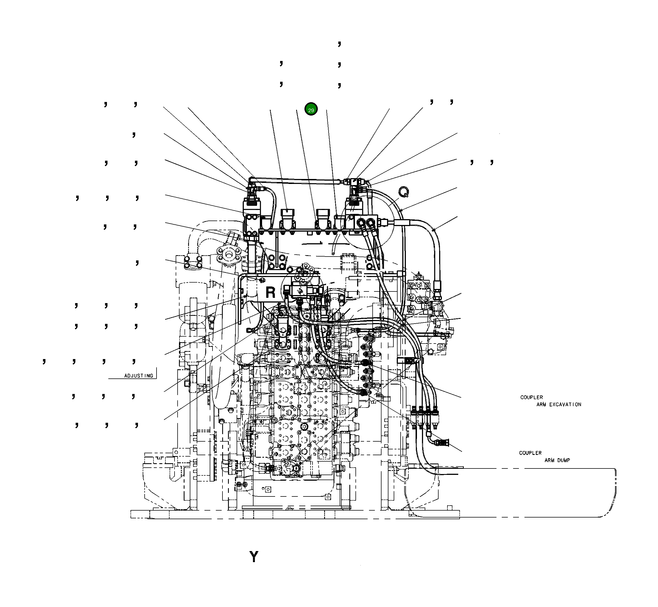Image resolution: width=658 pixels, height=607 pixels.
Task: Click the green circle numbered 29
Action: coord(311,109)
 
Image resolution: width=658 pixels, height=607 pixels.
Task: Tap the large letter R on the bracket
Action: coord(270,292)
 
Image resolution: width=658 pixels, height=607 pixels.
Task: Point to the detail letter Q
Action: coord(403,192)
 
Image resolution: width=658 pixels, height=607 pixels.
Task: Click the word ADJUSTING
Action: coord(139,376)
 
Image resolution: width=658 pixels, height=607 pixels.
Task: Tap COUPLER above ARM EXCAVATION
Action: coord(531,397)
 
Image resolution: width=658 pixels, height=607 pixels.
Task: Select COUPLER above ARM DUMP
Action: coord(530,453)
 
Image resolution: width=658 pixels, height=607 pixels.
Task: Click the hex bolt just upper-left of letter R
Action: coord(262,280)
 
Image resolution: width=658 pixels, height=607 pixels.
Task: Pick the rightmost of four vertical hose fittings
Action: coord(435,413)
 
